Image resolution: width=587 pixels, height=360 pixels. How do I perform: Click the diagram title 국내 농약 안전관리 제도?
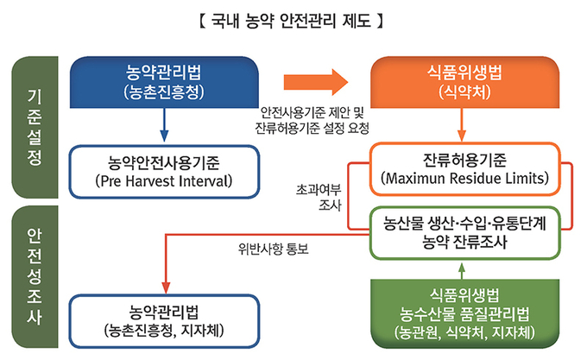(x=291, y=21)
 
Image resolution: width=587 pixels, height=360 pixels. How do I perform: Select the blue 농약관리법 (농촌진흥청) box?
(x=164, y=82)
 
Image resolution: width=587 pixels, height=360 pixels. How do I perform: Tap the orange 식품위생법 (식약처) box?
(x=464, y=82)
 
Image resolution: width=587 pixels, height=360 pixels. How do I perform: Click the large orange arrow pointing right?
(x=316, y=82)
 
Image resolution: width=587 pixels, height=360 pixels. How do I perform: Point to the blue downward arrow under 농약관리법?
(x=164, y=125)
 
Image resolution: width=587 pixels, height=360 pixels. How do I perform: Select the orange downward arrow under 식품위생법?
(x=462, y=125)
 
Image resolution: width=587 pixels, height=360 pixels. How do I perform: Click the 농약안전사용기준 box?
(x=164, y=172)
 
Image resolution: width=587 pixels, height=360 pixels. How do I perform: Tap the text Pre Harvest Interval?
(x=164, y=181)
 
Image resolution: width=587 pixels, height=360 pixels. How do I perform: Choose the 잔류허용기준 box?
(x=464, y=168)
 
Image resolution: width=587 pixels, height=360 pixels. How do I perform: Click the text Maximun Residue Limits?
(x=464, y=178)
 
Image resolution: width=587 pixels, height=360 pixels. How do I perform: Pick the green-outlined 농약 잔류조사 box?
(x=464, y=233)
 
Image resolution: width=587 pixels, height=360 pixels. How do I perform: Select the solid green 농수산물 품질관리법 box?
(x=464, y=313)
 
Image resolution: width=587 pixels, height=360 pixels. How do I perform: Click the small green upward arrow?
(x=462, y=270)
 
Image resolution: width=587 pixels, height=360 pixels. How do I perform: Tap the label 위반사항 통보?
(x=274, y=249)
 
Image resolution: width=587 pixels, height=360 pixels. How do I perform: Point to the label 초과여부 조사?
(x=319, y=198)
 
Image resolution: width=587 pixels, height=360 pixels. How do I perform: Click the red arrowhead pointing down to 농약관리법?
(x=166, y=287)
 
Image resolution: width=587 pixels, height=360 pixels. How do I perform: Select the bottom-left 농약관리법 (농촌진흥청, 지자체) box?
(x=164, y=321)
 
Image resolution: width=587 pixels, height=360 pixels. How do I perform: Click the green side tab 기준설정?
(x=35, y=127)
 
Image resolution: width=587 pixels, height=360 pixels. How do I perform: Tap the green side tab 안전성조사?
(x=35, y=276)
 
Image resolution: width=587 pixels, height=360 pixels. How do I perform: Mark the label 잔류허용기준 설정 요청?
(x=312, y=129)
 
